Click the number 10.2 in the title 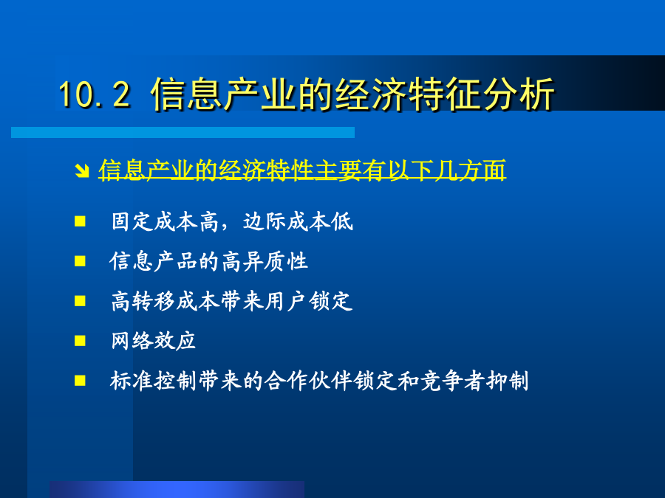pos(95,94)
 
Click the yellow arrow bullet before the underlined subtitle pos(81,170)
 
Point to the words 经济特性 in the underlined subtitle pos(266,170)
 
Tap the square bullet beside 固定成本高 pos(80,221)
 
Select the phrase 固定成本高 pos(165,221)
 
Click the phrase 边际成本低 pos(298,221)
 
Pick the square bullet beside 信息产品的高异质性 pos(80,261)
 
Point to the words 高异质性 pos(265,261)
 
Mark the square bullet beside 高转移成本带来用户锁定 pos(80,301)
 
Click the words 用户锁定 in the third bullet pos(309,301)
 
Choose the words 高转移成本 pos(166,301)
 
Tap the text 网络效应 pos(153,341)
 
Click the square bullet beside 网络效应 pos(80,341)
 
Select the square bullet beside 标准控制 pos(80,381)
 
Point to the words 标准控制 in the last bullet pos(153,381)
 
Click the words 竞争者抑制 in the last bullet pos(474,381)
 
